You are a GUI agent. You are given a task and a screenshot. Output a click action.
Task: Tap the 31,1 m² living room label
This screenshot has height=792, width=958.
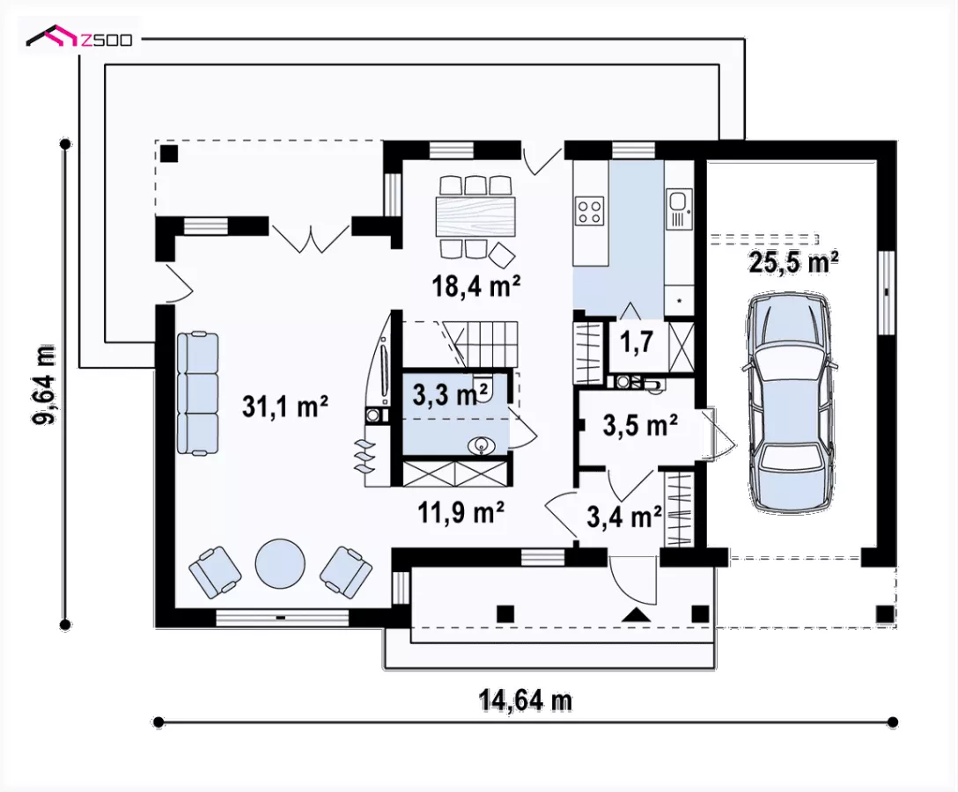[x=285, y=406]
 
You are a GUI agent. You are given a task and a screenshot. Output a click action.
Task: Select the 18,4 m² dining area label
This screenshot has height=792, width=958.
[x=476, y=285]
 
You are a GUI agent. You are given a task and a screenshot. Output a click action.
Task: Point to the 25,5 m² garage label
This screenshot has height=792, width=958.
[x=793, y=261]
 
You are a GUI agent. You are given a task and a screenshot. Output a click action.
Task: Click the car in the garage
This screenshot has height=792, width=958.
[x=788, y=403]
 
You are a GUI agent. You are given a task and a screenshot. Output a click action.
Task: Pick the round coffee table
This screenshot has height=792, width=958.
[x=280, y=563]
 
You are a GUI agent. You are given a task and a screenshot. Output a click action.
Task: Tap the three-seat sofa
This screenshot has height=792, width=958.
[x=198, y=393]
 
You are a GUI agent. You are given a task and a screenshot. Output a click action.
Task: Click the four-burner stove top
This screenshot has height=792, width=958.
[x=590, y=211]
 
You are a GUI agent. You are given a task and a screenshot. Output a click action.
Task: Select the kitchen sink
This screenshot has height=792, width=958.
[x=679, y=209]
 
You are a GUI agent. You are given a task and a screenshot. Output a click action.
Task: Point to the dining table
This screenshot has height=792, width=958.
[x=476, y=216]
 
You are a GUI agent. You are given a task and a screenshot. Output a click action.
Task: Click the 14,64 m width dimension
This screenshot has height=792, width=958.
[x=526, y=701]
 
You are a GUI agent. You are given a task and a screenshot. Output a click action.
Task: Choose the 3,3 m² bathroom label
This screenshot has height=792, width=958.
[x=452, y=394]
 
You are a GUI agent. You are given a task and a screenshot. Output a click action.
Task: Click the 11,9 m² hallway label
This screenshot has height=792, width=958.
[x=461, y=512]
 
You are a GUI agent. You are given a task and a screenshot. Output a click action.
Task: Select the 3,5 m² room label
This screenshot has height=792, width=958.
[x=640, y=425]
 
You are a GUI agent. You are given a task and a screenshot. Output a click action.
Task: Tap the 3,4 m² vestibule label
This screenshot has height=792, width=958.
[x=624, y=517]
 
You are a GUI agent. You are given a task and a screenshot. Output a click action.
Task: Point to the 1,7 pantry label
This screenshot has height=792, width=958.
[x=637, y=342]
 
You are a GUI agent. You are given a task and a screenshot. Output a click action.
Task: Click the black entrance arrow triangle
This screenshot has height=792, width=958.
[x=637, y=615]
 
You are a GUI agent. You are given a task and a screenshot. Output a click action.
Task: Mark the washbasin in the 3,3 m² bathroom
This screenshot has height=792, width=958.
[x=483, y=446]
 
